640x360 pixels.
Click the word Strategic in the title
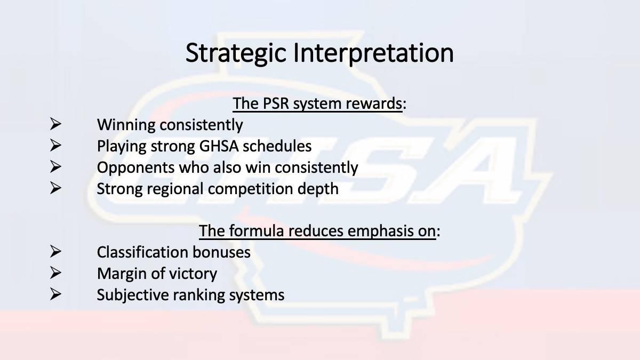(236, 53)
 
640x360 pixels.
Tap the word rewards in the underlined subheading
(374, 103)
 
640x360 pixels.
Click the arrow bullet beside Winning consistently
(55, 124)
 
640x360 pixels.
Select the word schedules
(277, 146)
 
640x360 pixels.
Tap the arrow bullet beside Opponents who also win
(55, 167)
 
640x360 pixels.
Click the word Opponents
(135, 168)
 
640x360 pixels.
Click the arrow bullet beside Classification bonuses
(55, 251)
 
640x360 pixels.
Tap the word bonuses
(221, 252)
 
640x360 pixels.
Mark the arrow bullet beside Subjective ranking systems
(55, 294)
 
